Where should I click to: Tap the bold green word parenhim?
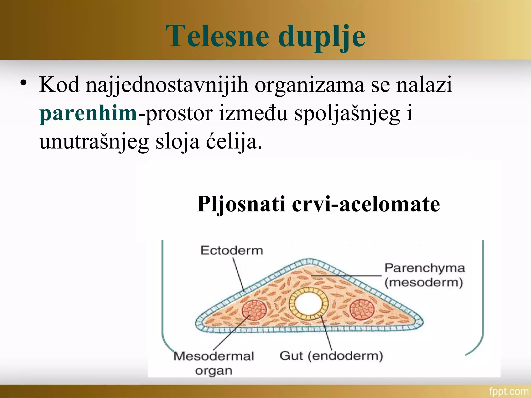point(88,113)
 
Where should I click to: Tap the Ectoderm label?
point(232,251)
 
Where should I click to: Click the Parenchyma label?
point(424,268)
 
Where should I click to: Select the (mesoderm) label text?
point(424,282)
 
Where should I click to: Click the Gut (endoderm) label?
point(331,356)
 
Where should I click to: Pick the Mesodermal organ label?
point(214,363)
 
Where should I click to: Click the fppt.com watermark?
point(508,391)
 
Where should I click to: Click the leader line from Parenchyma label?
point(347,276)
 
